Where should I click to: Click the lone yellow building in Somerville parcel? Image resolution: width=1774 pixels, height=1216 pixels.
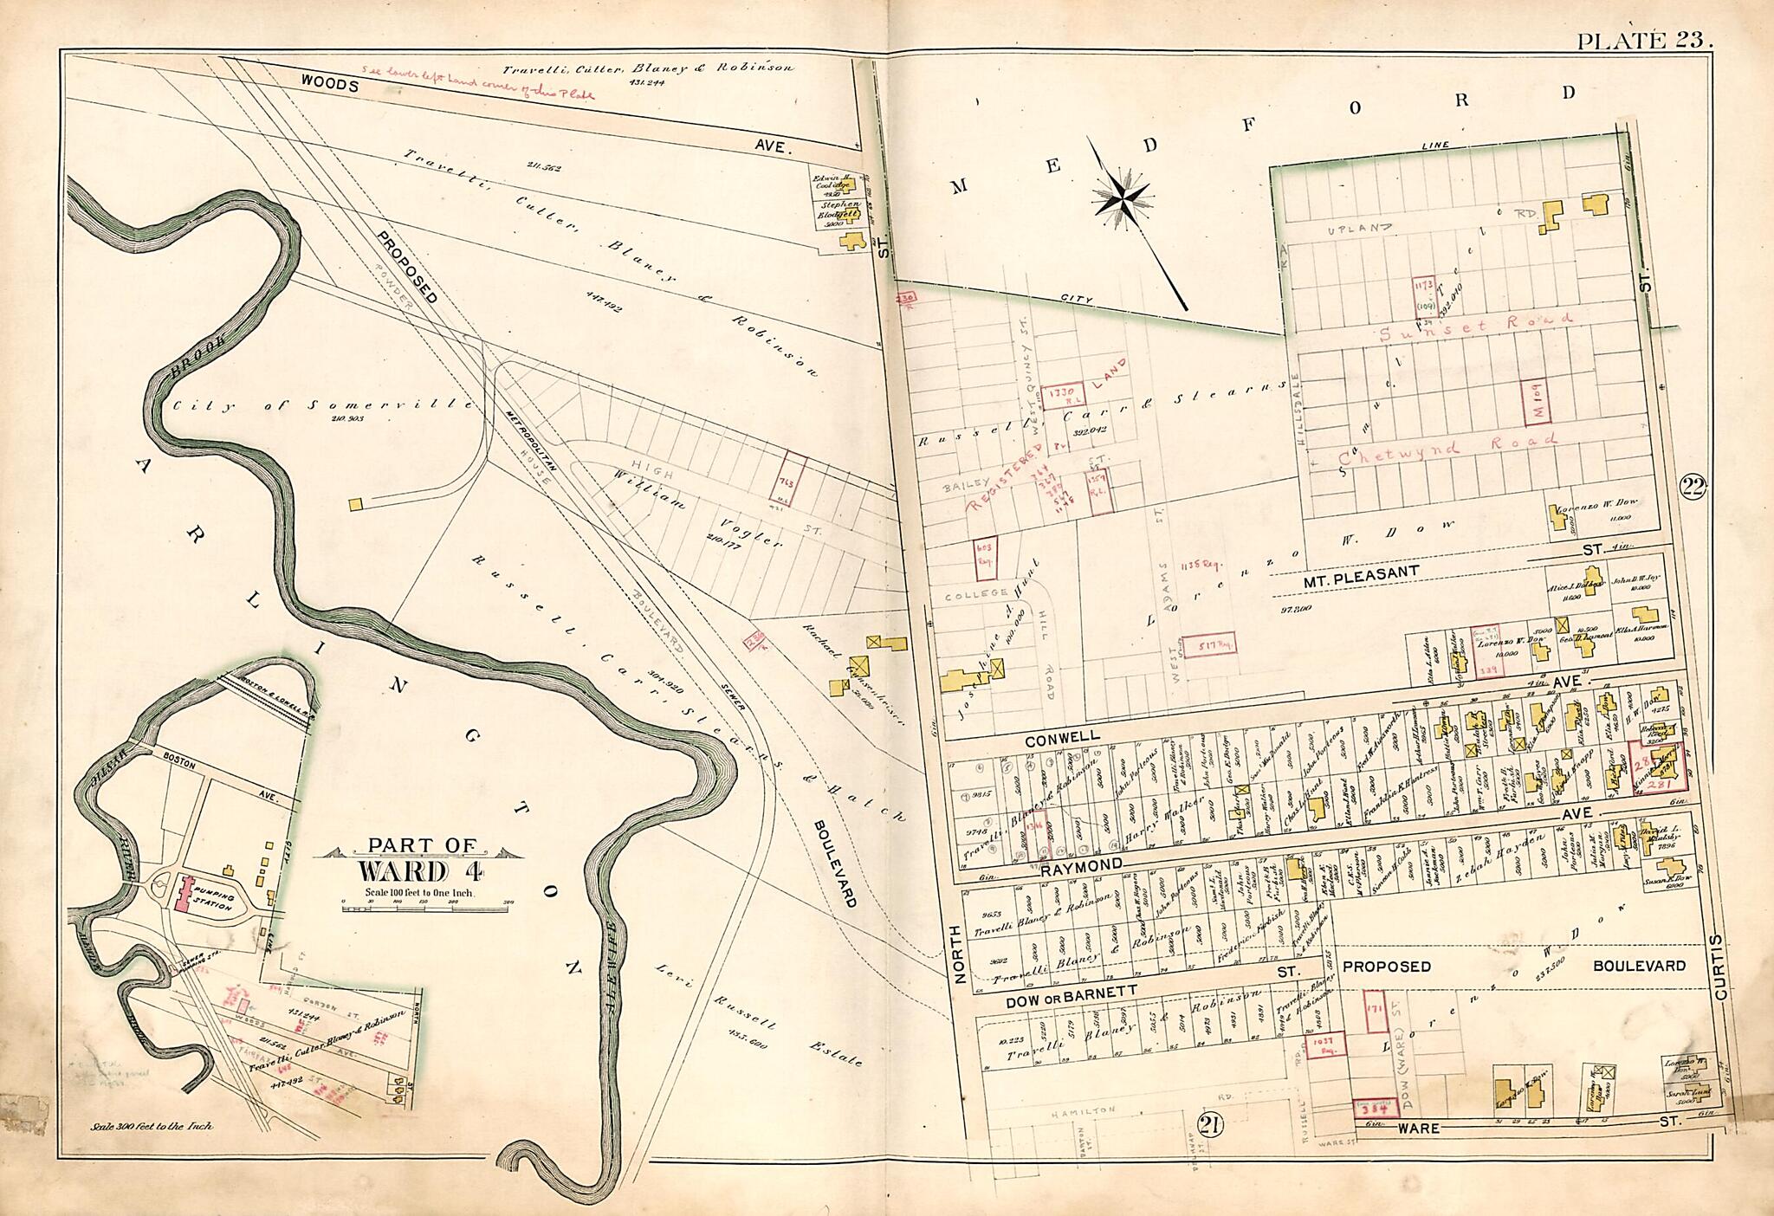click(355, 503)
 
